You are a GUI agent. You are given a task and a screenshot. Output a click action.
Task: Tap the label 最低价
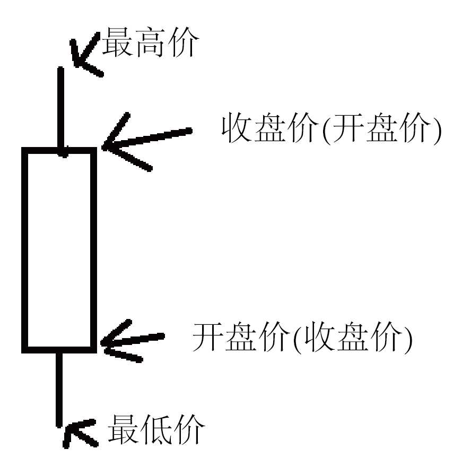click(156, 429)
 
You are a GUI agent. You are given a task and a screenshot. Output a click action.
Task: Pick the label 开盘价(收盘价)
click(302, 337)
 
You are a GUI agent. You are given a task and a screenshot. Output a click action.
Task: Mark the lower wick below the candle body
click(60, 387)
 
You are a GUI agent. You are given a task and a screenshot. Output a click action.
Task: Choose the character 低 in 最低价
click(157, 429)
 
